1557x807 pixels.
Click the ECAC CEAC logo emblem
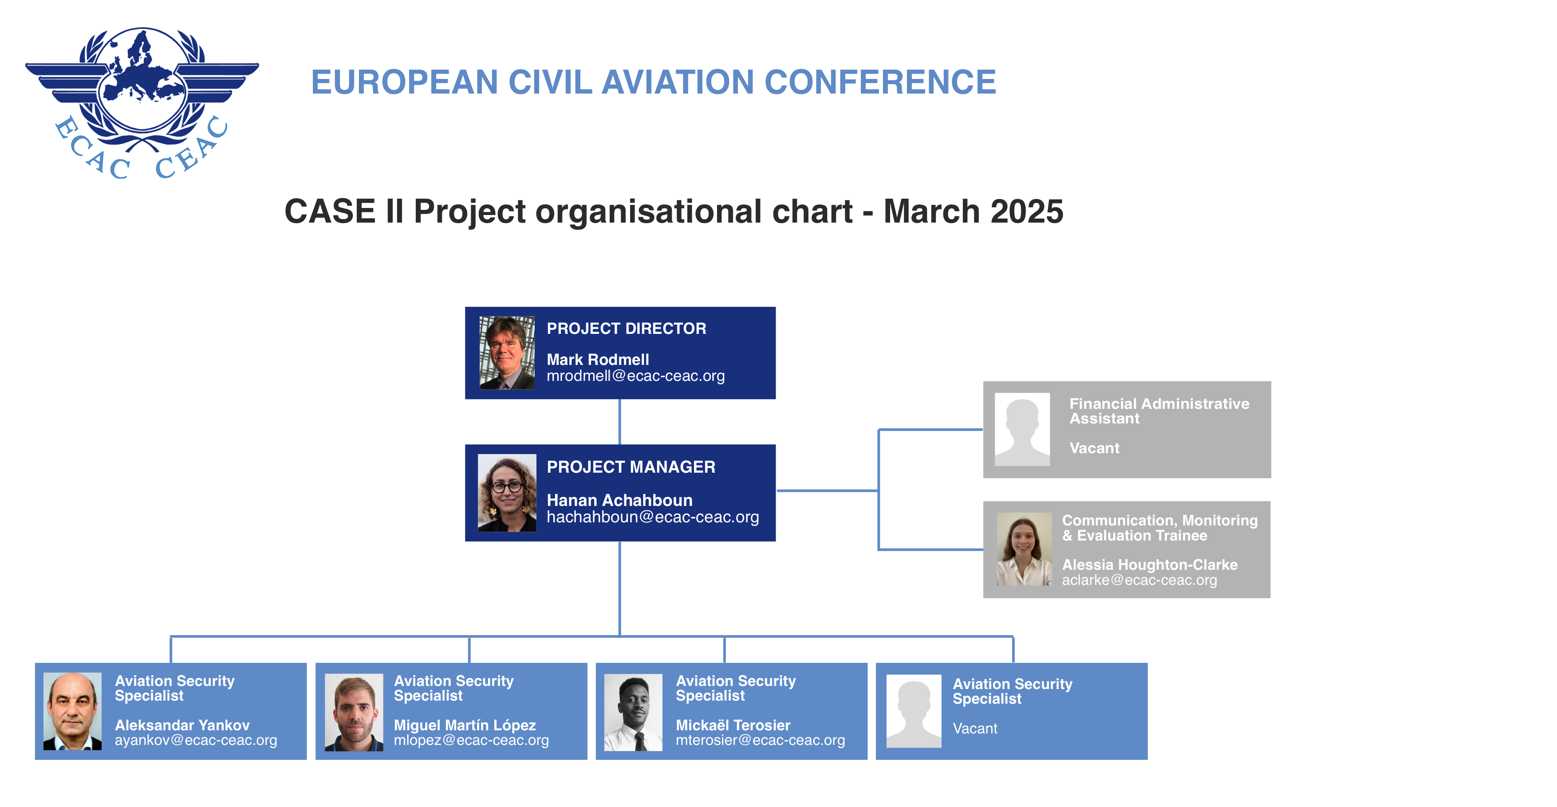(x=142, y=103)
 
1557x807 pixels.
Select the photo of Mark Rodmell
(x=507, y=353)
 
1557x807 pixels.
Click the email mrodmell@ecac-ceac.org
(x=635, y=376)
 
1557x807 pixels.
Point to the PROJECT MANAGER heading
(x=631, y=467)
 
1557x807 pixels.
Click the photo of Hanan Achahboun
(x=507, y=493)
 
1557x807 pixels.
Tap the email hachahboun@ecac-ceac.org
(x=653, y=517)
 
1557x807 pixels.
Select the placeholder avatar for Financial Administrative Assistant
(x=1022, y=430)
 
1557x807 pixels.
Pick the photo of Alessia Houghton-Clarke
(x=1024, y=549)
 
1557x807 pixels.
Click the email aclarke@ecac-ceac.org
(x=1139, y=580)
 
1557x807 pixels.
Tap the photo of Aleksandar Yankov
(x=72, y=712)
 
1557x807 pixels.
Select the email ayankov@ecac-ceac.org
(x=196, y=740)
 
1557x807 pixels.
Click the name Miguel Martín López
(x=465, y=725)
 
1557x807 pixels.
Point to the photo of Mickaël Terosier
(x=633, y=713)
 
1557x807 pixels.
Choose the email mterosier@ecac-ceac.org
(x=760, y=740)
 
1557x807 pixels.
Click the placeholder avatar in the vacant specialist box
(x=913, y=712)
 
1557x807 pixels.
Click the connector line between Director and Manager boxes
(x=619, y=422)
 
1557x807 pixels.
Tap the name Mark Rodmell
(x=598, y=360)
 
